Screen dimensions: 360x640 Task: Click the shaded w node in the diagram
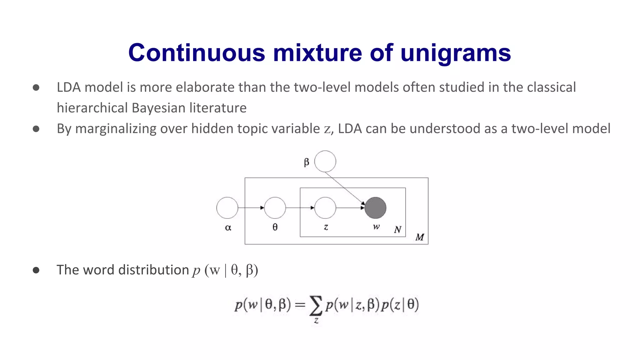click(x=375, y=208)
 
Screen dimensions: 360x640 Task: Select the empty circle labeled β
click(x=325, y=162)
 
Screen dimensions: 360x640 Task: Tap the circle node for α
click(x=227, y=208)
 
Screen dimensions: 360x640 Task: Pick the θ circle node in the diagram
click(x=275, y=208)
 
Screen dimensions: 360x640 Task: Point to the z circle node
click(x=325, y=208)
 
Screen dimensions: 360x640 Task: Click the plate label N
click(x=397, y=230)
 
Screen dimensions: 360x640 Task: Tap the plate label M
click(x=419, y=237)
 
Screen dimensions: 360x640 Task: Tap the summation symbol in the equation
click(x=316, y=305)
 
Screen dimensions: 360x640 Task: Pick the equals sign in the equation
click(x=300, y=305)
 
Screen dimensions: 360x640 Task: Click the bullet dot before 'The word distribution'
click(x=36, y=270)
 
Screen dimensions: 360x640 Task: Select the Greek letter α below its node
click(x=228, y=228)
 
